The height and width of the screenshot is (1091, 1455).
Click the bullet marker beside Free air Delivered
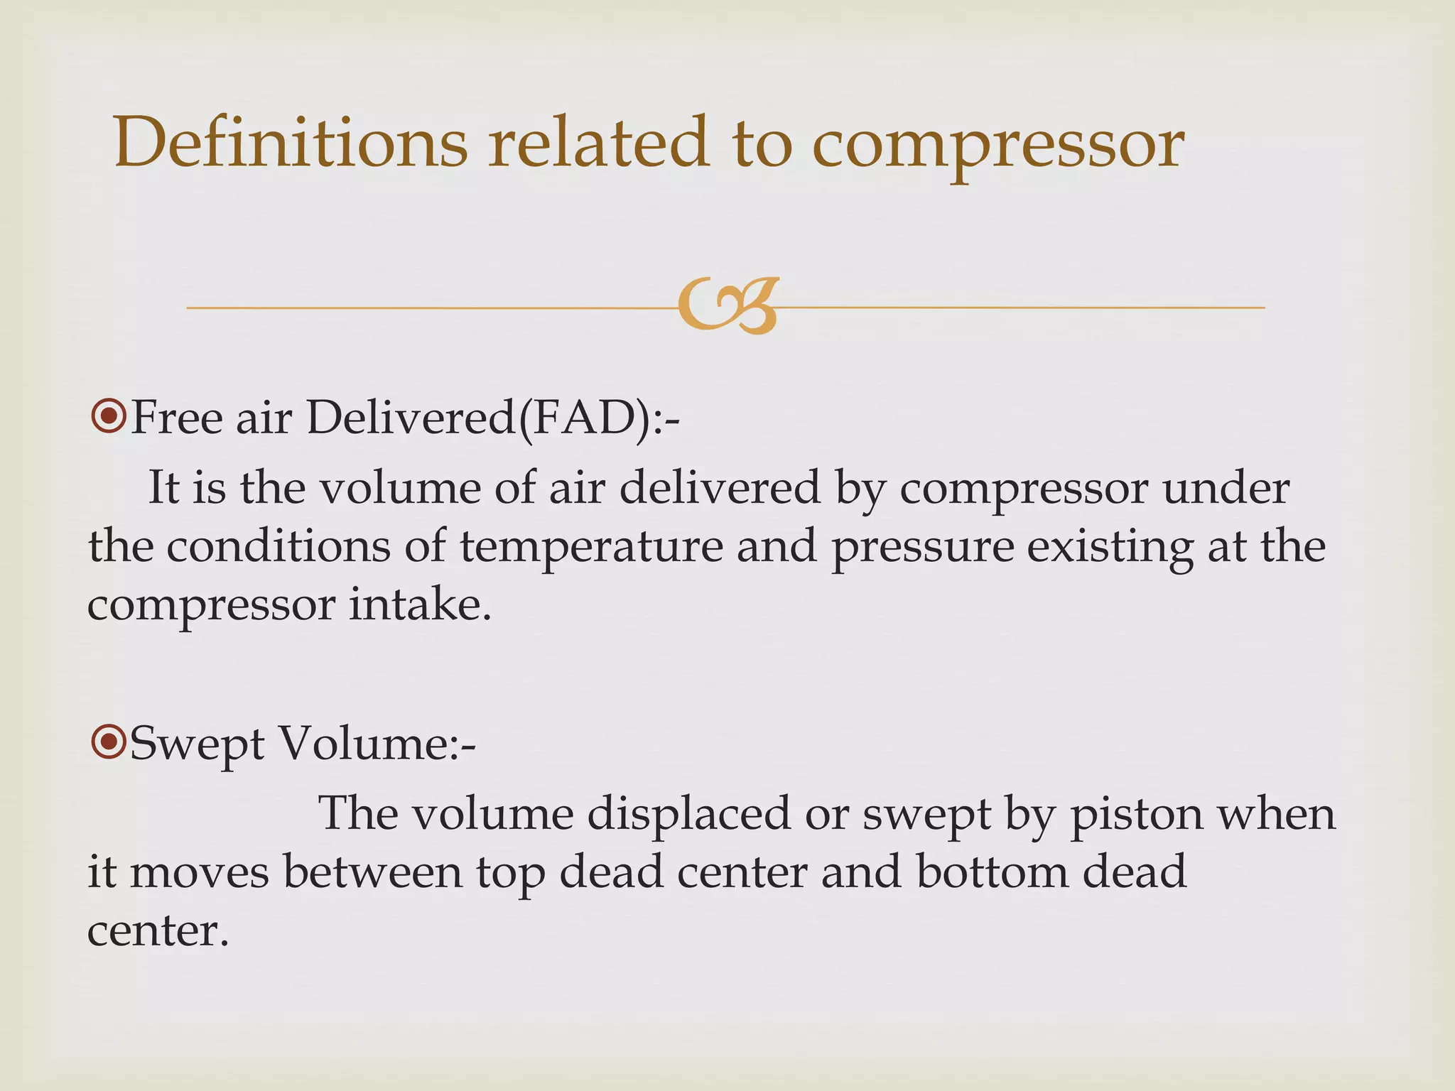108,416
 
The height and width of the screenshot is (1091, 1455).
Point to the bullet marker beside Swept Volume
108,743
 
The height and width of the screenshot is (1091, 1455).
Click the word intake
420,605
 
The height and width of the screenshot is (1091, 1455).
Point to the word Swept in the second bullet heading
197,746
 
